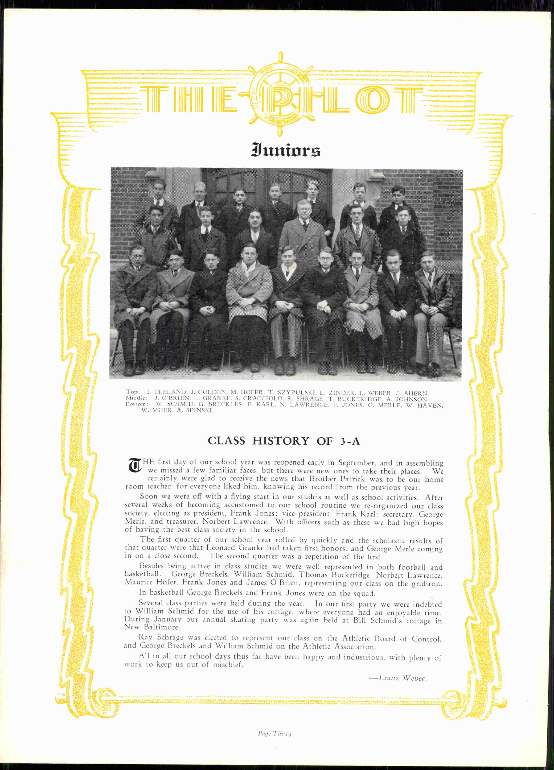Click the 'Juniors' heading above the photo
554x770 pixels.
click(286, 150)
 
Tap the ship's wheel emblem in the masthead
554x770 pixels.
click(281, 94)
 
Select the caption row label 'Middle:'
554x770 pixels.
click(136, 398)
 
